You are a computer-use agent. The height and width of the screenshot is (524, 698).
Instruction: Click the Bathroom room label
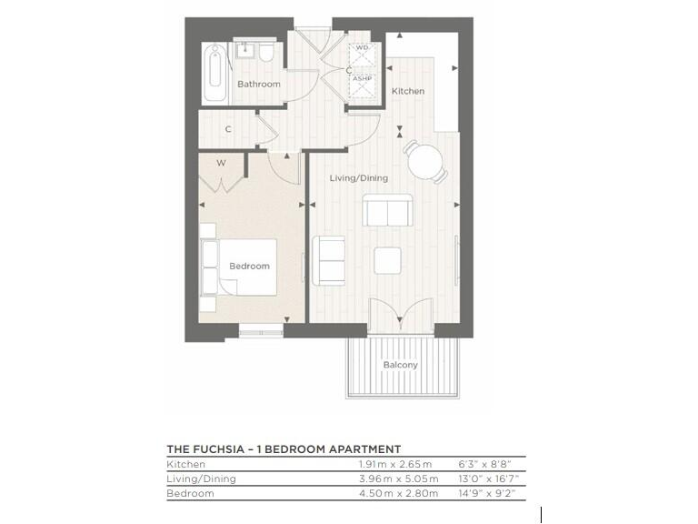click(259, 84)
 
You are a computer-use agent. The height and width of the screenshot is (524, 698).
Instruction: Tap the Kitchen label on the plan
click(408, 91)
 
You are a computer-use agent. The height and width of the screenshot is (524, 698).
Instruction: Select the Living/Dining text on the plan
click(358, 178)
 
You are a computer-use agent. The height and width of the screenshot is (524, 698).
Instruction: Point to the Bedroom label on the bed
click(249, 266)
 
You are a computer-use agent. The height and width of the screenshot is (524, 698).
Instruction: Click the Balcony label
click(401, 365)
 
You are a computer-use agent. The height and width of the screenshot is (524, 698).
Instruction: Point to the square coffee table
click(389, 260)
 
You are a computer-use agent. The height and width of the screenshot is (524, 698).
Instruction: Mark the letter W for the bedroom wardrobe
click(221, 164)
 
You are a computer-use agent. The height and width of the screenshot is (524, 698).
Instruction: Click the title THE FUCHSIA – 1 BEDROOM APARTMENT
click(284, 448)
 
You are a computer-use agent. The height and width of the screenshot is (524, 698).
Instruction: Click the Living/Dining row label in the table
click(201, 479)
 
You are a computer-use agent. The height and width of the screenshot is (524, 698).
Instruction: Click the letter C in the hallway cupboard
click(228, 129)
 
